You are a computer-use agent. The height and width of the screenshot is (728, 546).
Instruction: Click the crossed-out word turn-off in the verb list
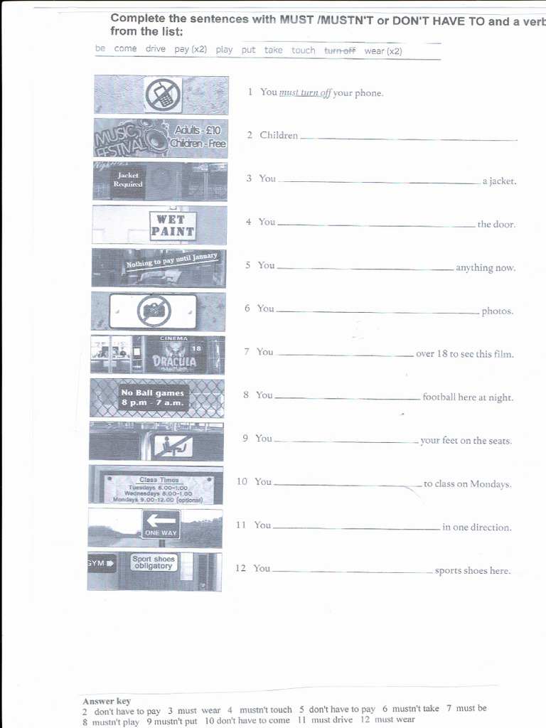pos(340,50)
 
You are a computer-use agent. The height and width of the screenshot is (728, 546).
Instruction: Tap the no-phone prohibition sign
pos(163,95)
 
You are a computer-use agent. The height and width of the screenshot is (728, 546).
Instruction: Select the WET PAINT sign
pos(172,225)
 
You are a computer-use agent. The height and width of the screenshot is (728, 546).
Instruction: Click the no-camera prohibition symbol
pos(153,311)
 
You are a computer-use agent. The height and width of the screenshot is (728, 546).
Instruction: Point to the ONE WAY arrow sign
pos(161,525)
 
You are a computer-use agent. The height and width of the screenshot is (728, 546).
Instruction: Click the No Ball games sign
pos(152,397)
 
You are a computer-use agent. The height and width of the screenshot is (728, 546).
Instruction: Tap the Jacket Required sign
pos(130,180)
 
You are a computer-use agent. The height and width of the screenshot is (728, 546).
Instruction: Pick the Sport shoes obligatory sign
pos(153,562)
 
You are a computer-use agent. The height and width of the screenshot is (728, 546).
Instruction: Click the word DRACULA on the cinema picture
pos(174,360)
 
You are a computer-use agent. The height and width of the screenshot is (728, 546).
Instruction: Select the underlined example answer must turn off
pos(306,93)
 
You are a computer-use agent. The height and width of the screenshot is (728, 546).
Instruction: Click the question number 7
pos(247,352)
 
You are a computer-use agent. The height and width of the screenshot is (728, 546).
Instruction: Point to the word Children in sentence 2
pos(279,136)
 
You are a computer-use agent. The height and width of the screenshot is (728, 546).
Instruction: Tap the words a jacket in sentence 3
pos(499,181)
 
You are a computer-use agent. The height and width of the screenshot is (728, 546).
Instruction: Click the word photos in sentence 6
pos(497,311)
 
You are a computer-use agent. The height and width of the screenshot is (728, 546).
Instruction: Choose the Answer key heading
pos(107,701)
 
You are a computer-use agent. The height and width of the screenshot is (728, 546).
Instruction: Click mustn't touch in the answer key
pos(265,710)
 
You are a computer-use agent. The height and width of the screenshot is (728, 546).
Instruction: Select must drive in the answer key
pos(332,719)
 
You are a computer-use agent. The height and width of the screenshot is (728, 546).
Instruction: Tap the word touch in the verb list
pos(303,50)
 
